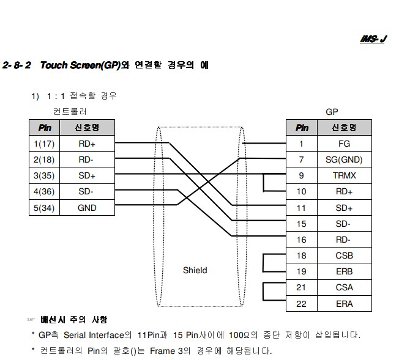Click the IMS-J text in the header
[x=373, y=39]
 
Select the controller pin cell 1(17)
[x=45, y=144]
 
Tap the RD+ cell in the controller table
[x=87, y=144]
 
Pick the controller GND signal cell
[x=87, y=208]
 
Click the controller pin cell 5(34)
[x=45, y=208]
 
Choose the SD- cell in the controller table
[x=87, y=192]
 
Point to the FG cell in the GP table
[x=344, y=144]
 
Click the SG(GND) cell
[x=344, y=160]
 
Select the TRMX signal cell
[x=344, y=176]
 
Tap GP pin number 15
[x=301, y=224]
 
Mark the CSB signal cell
[x=344, y=255]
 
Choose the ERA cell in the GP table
[x=344, y=303]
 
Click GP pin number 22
[x=301, y=303]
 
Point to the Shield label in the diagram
[x=195, y=270]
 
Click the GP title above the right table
[x=332, y=112]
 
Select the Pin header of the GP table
[x=301, y=128]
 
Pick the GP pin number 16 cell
[x=301, y=240]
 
